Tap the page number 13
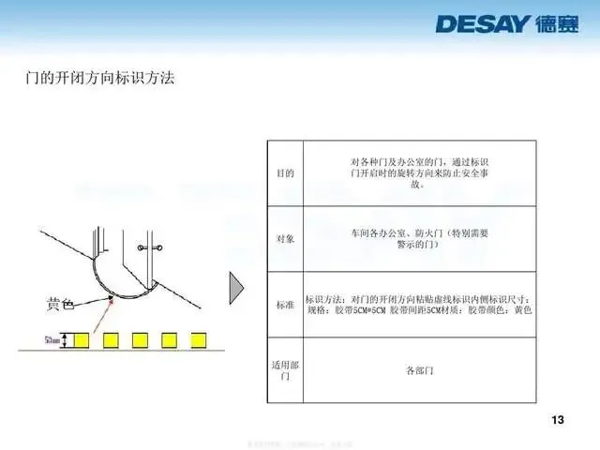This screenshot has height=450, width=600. pyautogui.click(x=558, y=418)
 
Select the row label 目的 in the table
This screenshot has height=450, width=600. pyautogui.click(x=284, y=173)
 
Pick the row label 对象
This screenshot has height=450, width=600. pyautogui.click(x=284, y=239)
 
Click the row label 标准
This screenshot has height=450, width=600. pyautogui.click(x=284, y=305)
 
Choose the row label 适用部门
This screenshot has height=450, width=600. pyautogui.click(x=284, y=370)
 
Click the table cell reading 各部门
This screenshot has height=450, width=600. pyautogui.click(x=419, y=370)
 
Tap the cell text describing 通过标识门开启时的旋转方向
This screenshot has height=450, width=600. pyautogui.click(x=419, y=172)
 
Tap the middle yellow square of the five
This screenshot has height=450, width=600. pyautogui.click(x=141, y=338)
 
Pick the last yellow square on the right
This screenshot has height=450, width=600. pyautogui.click(x=201, y=338)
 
